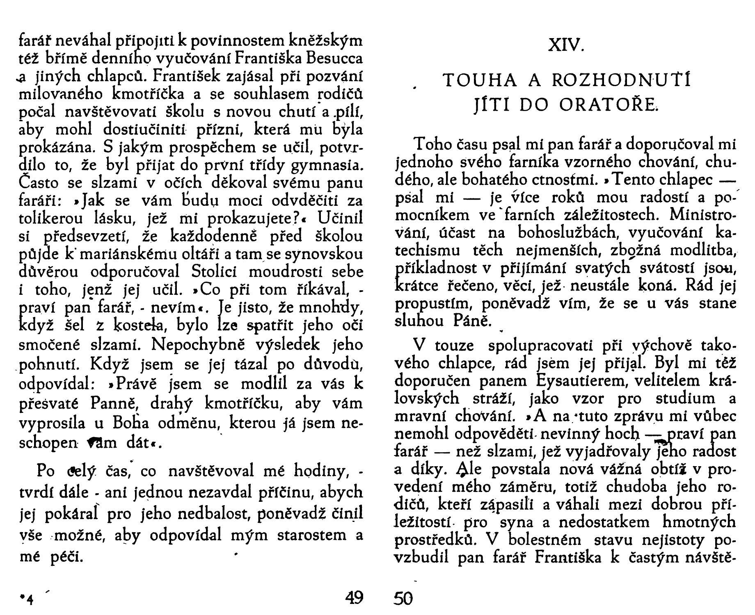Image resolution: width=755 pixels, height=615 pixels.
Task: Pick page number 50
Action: [x=403, y=599]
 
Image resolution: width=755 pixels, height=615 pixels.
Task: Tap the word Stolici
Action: [x=216, y=272]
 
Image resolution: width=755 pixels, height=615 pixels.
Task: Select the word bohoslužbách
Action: [x=568, y=233]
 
